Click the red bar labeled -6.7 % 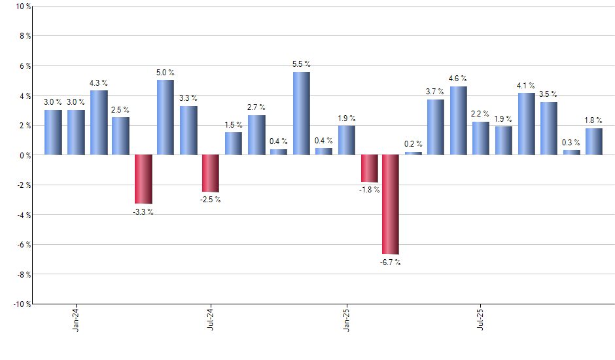391,204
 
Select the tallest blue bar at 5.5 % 301,113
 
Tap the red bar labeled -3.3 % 143,179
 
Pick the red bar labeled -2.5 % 211,173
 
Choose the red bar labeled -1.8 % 369,168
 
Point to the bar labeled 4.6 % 458,120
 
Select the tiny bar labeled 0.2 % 413,153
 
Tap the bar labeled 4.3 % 99,122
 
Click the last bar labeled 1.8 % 594,141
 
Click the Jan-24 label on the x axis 76,319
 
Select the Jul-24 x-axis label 211,319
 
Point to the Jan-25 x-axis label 346,319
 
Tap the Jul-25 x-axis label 481,319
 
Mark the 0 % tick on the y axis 23,155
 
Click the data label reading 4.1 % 526,86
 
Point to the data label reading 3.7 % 436,92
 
